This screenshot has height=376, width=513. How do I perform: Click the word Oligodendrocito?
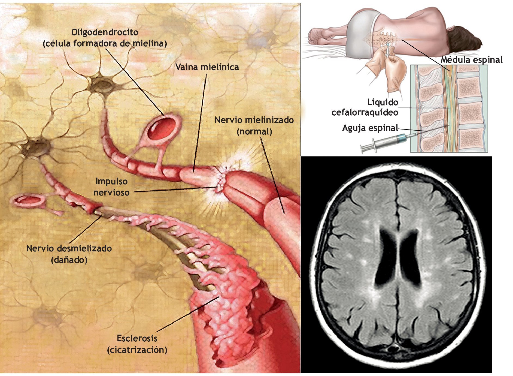tap(105, 32)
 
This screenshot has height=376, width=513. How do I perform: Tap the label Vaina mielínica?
tap(207, 67)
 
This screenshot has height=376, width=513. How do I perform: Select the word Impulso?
tap(111, 181)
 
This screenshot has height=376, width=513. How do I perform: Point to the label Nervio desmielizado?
tap(69, 248)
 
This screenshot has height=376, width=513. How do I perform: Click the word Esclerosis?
tap(137, 338)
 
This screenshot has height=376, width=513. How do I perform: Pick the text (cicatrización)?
tap(137, 350)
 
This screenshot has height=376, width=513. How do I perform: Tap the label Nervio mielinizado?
tap(254, 120)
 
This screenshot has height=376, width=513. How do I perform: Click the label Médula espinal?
tap(472, 60)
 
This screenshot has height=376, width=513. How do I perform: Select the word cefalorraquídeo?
tap(365, 112)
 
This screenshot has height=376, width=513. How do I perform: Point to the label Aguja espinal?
tap(370, 128)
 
